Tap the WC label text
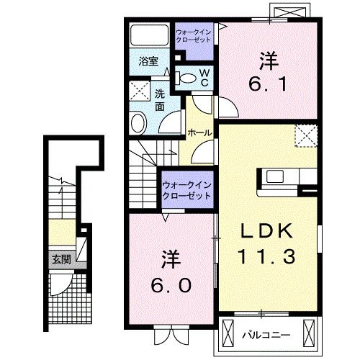point(204,77)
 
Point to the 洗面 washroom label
point(161,99)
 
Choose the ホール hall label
point(199,132)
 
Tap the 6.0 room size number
point(172,285)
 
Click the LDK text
point(266,230)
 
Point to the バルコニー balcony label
point(267,335)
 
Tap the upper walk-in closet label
point(194,34)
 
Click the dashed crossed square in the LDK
point(306,135)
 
